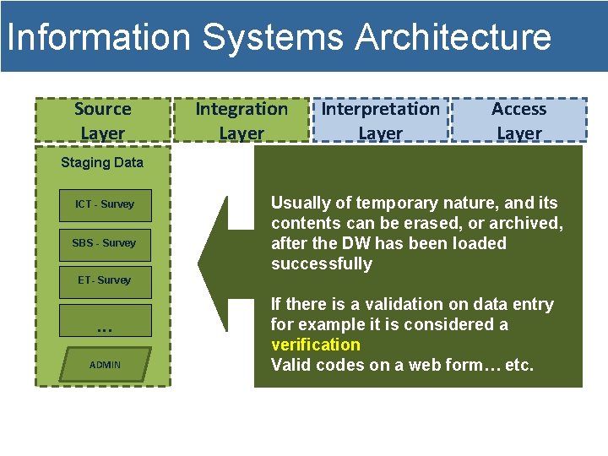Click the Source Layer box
[x=102, y=121]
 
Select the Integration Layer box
[x=242, y=121]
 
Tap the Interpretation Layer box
[x=381, y=121]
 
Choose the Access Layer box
[x=519, y=121]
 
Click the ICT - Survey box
[x=105, y=205]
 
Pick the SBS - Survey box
[x=105, y=244]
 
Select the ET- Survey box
[x=105, y=281]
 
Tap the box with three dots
[x=105, y=322]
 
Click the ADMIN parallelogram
[x=106, y=365]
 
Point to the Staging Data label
[x=102, y=163]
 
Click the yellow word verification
[x=315, y=345]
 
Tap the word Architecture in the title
[x=453, y=38]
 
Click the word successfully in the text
[x=321, y=264]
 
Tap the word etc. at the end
[x=516, y=366]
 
